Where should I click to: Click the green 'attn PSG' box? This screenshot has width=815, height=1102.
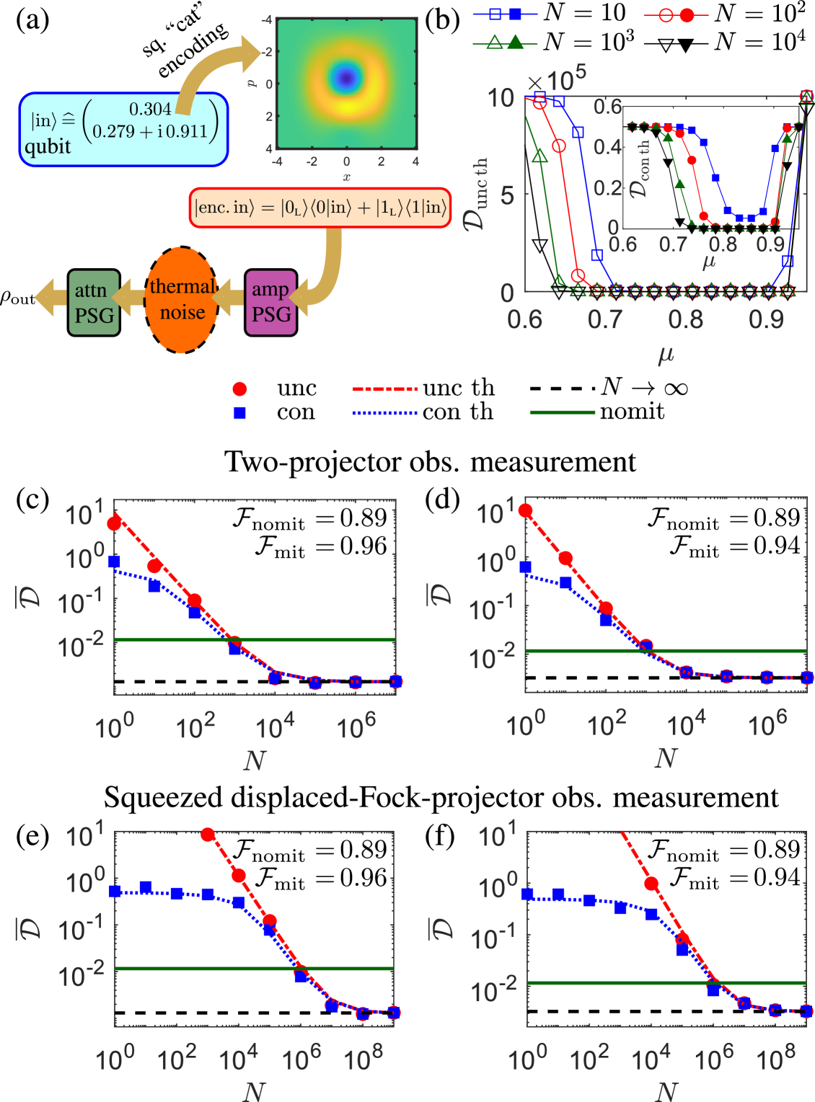coord(94,302)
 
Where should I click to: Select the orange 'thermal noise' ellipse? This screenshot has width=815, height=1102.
coord(182,300)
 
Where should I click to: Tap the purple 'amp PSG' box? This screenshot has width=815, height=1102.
coord(271,302)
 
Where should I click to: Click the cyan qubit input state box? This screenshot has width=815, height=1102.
coord(123,130)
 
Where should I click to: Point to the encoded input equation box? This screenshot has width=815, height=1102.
coord(320,208)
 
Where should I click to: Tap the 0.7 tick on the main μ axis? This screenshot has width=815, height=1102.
coord(604,319)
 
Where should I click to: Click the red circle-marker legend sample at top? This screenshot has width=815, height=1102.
coord(676,14)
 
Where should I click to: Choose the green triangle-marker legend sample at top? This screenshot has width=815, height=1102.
coord(505,43)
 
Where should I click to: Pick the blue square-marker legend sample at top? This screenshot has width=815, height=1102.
coord(505,14)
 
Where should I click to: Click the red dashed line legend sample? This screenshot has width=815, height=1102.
coord(384,389)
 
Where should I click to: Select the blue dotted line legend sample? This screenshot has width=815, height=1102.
coord(384,413)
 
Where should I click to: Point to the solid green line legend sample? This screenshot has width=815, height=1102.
coord(562,412)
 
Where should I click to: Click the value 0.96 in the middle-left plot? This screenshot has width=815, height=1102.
coord(364,546)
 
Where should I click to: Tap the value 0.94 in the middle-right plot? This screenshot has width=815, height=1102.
coord(777,546)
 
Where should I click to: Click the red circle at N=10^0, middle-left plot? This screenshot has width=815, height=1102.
coord(114,523)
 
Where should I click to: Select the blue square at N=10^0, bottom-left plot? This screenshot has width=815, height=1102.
coord(115,892)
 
